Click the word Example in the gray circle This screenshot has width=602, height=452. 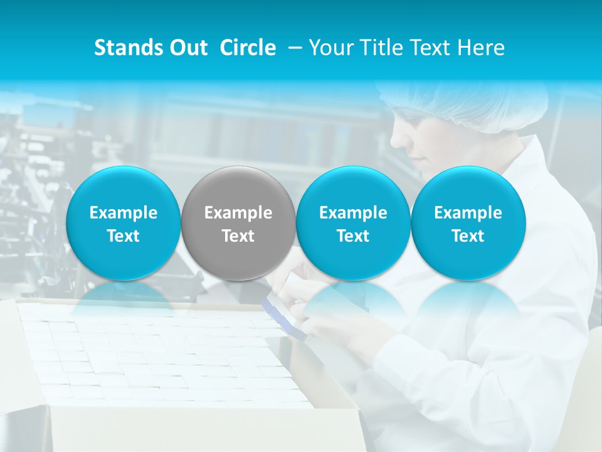(x=238, y=213)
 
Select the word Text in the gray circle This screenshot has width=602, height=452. (x=238, y=236)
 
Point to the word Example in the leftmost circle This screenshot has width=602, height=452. (x=124, y=213)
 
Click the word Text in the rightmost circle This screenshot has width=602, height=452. (x=468, y=236)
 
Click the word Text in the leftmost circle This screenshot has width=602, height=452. (x=124, y=236)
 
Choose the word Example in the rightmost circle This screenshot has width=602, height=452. (x=468, y=213)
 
